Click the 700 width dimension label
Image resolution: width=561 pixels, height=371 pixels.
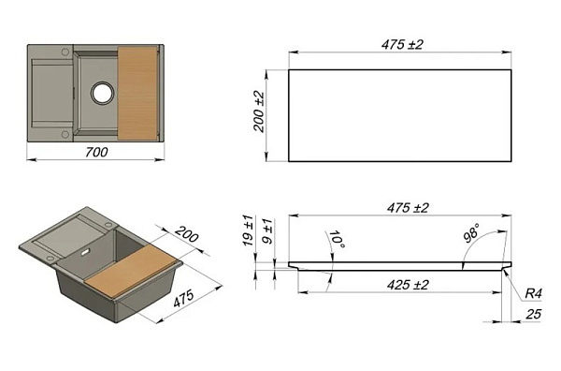[x=96, y=152]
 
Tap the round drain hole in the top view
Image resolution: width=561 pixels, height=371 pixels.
[x=103, y=93]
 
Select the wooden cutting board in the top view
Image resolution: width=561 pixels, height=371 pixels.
[x=137, y=93]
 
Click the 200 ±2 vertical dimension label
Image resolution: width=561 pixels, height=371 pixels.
[x=259, y=111]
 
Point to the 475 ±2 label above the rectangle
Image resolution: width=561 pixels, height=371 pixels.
[x=402, y=44]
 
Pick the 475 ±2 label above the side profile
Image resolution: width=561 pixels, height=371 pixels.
[x=408, y=208]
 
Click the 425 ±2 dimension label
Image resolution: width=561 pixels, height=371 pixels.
[x=408, y=285]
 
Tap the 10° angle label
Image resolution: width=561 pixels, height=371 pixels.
[x=337, y=240]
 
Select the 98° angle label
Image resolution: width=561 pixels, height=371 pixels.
[x=471, y=233]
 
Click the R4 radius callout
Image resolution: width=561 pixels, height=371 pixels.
[x=533, y=294]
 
